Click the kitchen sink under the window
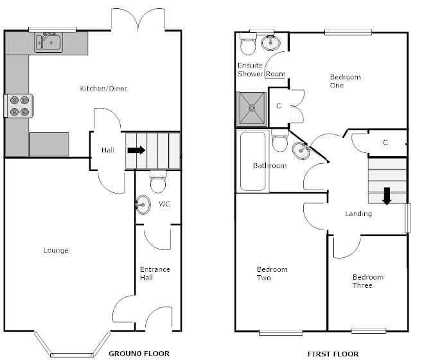point(49,43)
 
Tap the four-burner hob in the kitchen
point(20,106)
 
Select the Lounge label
point(56,250)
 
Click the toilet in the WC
point(157,184)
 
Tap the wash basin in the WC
point(143,206)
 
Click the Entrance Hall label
point(155,273)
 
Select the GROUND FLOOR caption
point(139,354)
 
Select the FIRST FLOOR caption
point(328,354)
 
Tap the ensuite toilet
point(248,44)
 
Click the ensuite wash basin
point(271,43)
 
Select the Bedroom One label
point(345,81)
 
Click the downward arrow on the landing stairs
point(387,195)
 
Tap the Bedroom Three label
point(367,282)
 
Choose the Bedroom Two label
point(272,273)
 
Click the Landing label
point(358,213)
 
